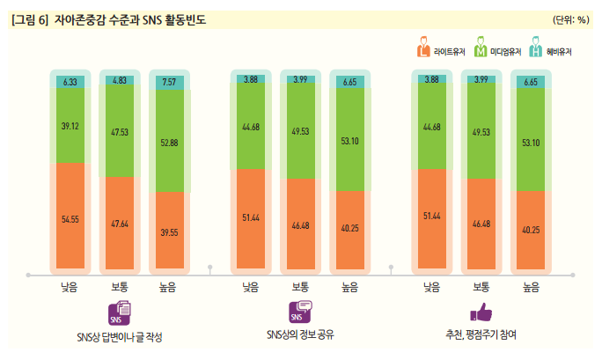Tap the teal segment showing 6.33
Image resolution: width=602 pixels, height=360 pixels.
70,82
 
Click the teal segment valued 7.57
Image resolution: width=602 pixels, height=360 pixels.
169,83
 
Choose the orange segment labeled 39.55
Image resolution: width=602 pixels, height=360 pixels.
169,231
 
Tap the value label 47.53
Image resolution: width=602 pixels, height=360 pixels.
120,133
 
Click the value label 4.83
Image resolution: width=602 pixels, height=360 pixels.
120,80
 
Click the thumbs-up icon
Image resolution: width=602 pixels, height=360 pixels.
481,312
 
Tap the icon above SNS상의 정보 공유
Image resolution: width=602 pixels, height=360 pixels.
300,311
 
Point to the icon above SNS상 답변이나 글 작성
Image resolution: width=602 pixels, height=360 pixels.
120,312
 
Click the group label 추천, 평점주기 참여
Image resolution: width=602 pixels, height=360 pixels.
481,334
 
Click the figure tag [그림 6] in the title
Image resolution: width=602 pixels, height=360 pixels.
30,18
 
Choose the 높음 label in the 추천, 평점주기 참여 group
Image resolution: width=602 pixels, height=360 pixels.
531,285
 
